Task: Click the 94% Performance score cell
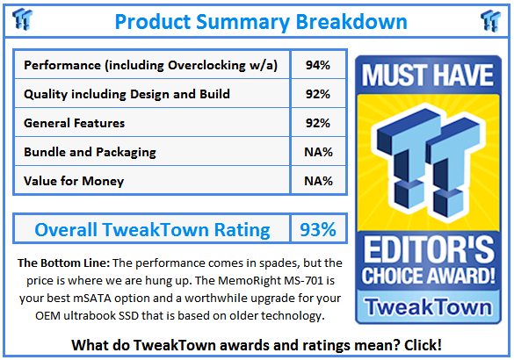point(318,65)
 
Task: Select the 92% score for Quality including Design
point(318,94)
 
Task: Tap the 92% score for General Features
point(318,123)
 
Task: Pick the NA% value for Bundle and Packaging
point(318,152)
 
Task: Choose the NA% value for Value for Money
point(318,181)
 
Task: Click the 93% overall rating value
point(318,229)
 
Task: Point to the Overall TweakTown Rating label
point(152,229)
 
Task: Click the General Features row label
point(75,123)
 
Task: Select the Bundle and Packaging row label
point(90,152)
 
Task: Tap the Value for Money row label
point(74,181)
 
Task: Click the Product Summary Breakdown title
point(261,22)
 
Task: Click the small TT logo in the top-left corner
point(22,19)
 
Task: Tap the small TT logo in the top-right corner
point(491,21)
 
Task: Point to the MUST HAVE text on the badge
point(428,75)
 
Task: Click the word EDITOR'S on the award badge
point(429,249)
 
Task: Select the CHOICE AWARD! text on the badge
point(429,276)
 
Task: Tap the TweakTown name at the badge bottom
point(429,307)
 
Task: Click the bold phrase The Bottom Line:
point(63,263)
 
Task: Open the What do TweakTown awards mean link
point(257,345)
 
